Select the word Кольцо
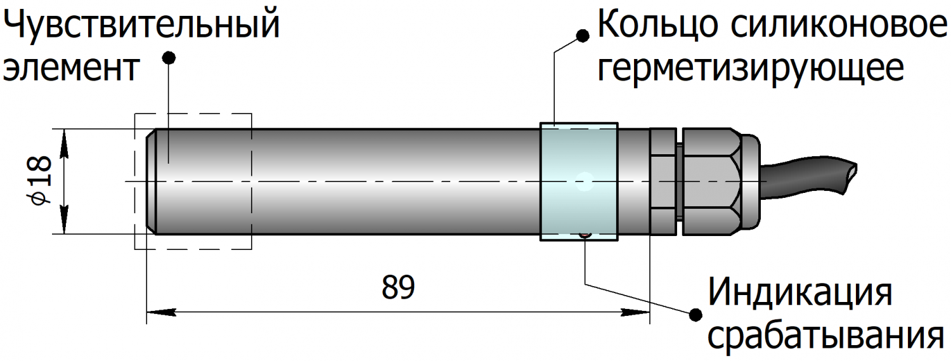coord(657,25)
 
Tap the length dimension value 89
coord(398,287)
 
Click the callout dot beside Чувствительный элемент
coord(168,58)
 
